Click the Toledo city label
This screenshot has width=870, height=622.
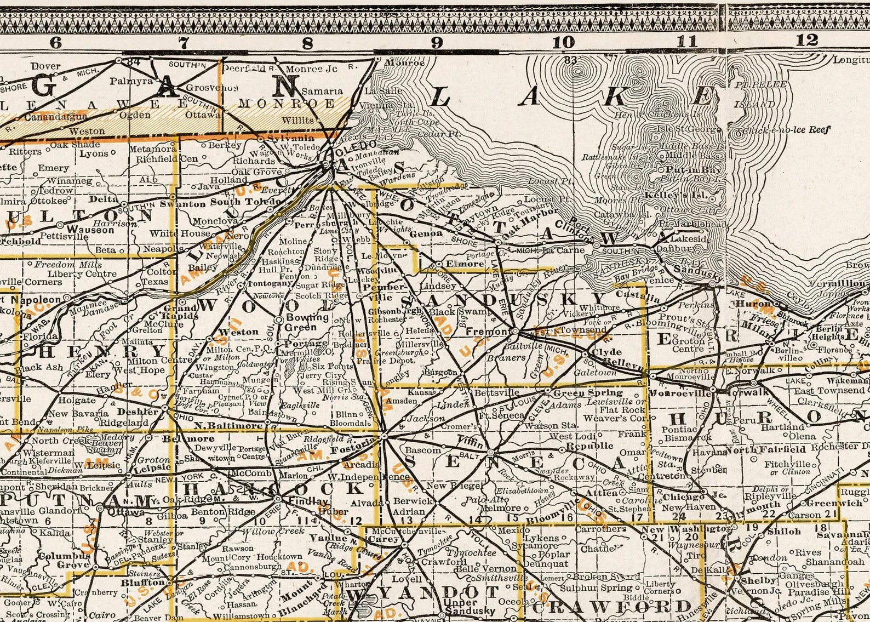[350, 150]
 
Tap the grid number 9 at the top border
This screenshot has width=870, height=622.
[437, 42]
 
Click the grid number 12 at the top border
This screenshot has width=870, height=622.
[806, 40]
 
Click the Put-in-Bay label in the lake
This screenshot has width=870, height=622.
[690, 170]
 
